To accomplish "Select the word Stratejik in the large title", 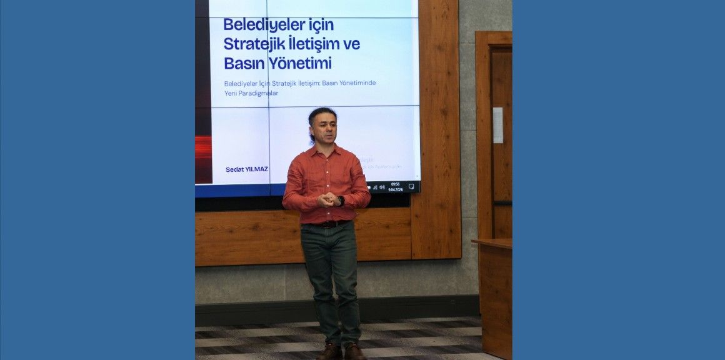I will (x=254, y=44).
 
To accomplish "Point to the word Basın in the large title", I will (x=242, y=64).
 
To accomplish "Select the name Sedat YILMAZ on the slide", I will (x=247, y=169).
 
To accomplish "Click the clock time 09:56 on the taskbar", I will (x=395, y=184).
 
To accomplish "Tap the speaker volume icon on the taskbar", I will (x=382, y=187).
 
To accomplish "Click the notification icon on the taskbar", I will (x=411, y=186).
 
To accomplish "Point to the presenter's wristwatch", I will (x=341, y=201).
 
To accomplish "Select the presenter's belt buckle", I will (x=327, y=224).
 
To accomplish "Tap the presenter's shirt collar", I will (x=325, y=150).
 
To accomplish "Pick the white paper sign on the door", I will (x=497, y=125).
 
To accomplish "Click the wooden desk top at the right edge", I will (x=492, y=242).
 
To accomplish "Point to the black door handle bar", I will (x=502, y=203).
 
